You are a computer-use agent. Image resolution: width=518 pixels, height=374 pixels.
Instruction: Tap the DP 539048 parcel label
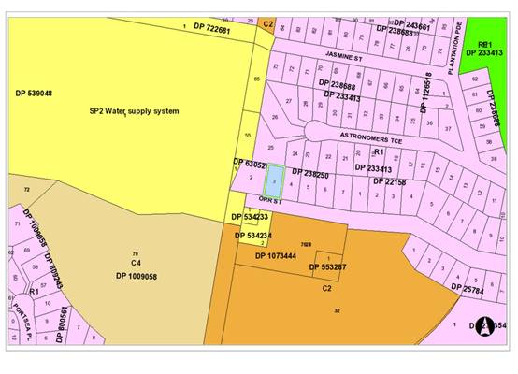[x=34, y=93]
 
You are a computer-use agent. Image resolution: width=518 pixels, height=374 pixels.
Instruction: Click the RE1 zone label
[x=484, y=44]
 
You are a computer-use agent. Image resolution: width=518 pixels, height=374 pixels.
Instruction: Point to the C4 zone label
[x=136, y=265]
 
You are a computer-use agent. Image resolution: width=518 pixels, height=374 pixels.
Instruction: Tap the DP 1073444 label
[x=276, y=254]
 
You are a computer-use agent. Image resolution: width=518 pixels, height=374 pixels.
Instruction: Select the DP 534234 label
[x=252, y=235]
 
